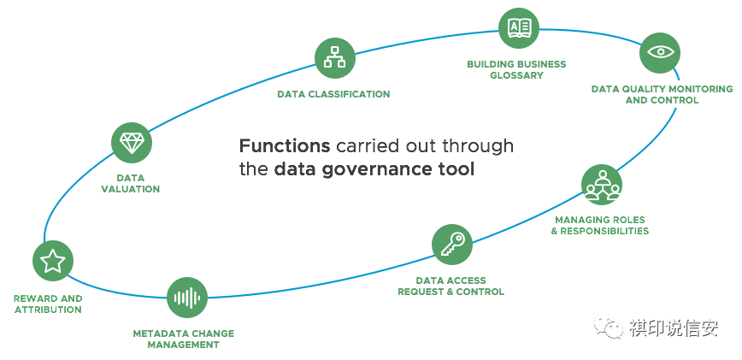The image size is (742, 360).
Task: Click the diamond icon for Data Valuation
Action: pos(132,143)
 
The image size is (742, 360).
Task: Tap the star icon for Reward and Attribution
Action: pos(53,262)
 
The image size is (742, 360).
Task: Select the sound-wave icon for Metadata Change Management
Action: pos(187,298)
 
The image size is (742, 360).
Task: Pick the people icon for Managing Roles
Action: pos(602,184)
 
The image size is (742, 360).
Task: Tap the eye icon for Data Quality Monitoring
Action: pos(660,52)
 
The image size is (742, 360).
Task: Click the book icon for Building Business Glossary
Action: pos(519,27)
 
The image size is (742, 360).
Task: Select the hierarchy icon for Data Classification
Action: pos(335,58)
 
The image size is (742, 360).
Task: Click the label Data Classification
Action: pos(333,94)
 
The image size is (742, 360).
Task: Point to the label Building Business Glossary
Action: pos(516,69)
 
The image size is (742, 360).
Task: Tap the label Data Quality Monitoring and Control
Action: pos(662,94)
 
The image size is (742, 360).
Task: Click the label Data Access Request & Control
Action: pos(450,286)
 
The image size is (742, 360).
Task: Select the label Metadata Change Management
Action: pos(183,339)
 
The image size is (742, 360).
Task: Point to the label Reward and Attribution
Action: pos(49,304)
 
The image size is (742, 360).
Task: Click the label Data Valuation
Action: pos(131,183)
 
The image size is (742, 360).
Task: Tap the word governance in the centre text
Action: pos(374,169)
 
